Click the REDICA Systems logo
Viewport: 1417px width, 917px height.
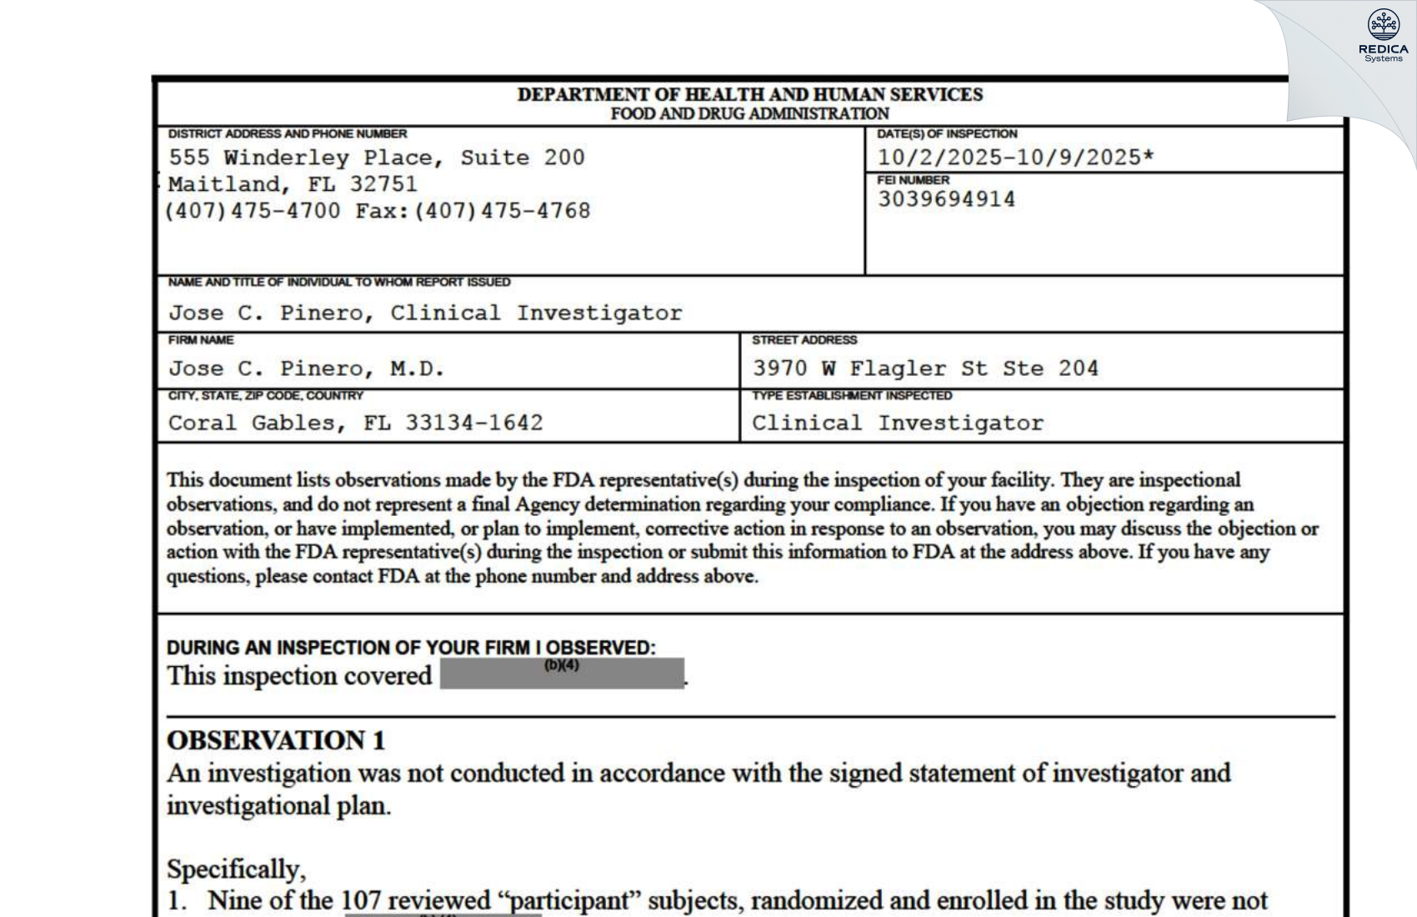tap(1384, 36)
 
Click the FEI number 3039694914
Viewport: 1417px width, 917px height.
tap(946, 200)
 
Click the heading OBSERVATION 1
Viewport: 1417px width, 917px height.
tap(276, 740)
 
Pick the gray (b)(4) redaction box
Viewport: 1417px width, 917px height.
tap(562, 674)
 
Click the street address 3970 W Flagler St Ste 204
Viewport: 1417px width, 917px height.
tap(925, 368)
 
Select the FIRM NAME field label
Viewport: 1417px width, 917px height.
tap(201, 340)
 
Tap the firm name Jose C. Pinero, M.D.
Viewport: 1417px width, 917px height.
tap(307, 368)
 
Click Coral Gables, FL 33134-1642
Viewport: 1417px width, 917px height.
tap(355, 423)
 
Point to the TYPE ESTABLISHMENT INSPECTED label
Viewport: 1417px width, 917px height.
tap(851, 395)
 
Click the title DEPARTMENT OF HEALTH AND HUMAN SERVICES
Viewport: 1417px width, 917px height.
tap(749, 94)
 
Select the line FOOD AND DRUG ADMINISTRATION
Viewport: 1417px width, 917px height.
tap(749, 113)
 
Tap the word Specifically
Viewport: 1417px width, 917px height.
tap(236, 869)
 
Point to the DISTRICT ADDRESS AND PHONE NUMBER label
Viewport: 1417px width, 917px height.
tap(288, 133)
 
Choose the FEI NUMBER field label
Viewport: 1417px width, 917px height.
tap(913, 180)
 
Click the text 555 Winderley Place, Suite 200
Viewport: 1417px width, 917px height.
tap(377, 158)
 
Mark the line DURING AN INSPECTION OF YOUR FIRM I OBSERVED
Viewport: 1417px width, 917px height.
tap(411, 648)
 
